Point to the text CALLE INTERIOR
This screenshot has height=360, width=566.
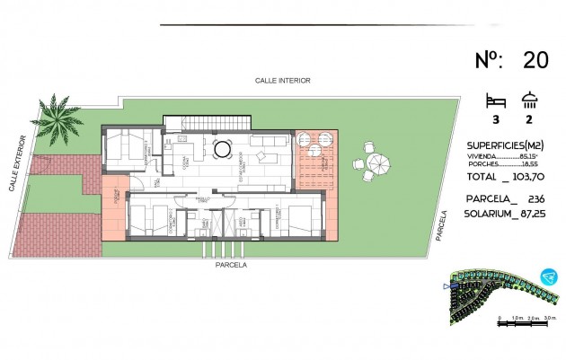[x=283, y=80]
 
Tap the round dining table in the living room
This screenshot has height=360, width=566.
[x=221, y=148]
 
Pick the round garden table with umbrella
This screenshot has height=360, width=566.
[x=378, y=162]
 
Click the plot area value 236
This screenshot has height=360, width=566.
[x=536, y=199]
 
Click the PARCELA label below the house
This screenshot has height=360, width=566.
[x=231, y=265]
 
